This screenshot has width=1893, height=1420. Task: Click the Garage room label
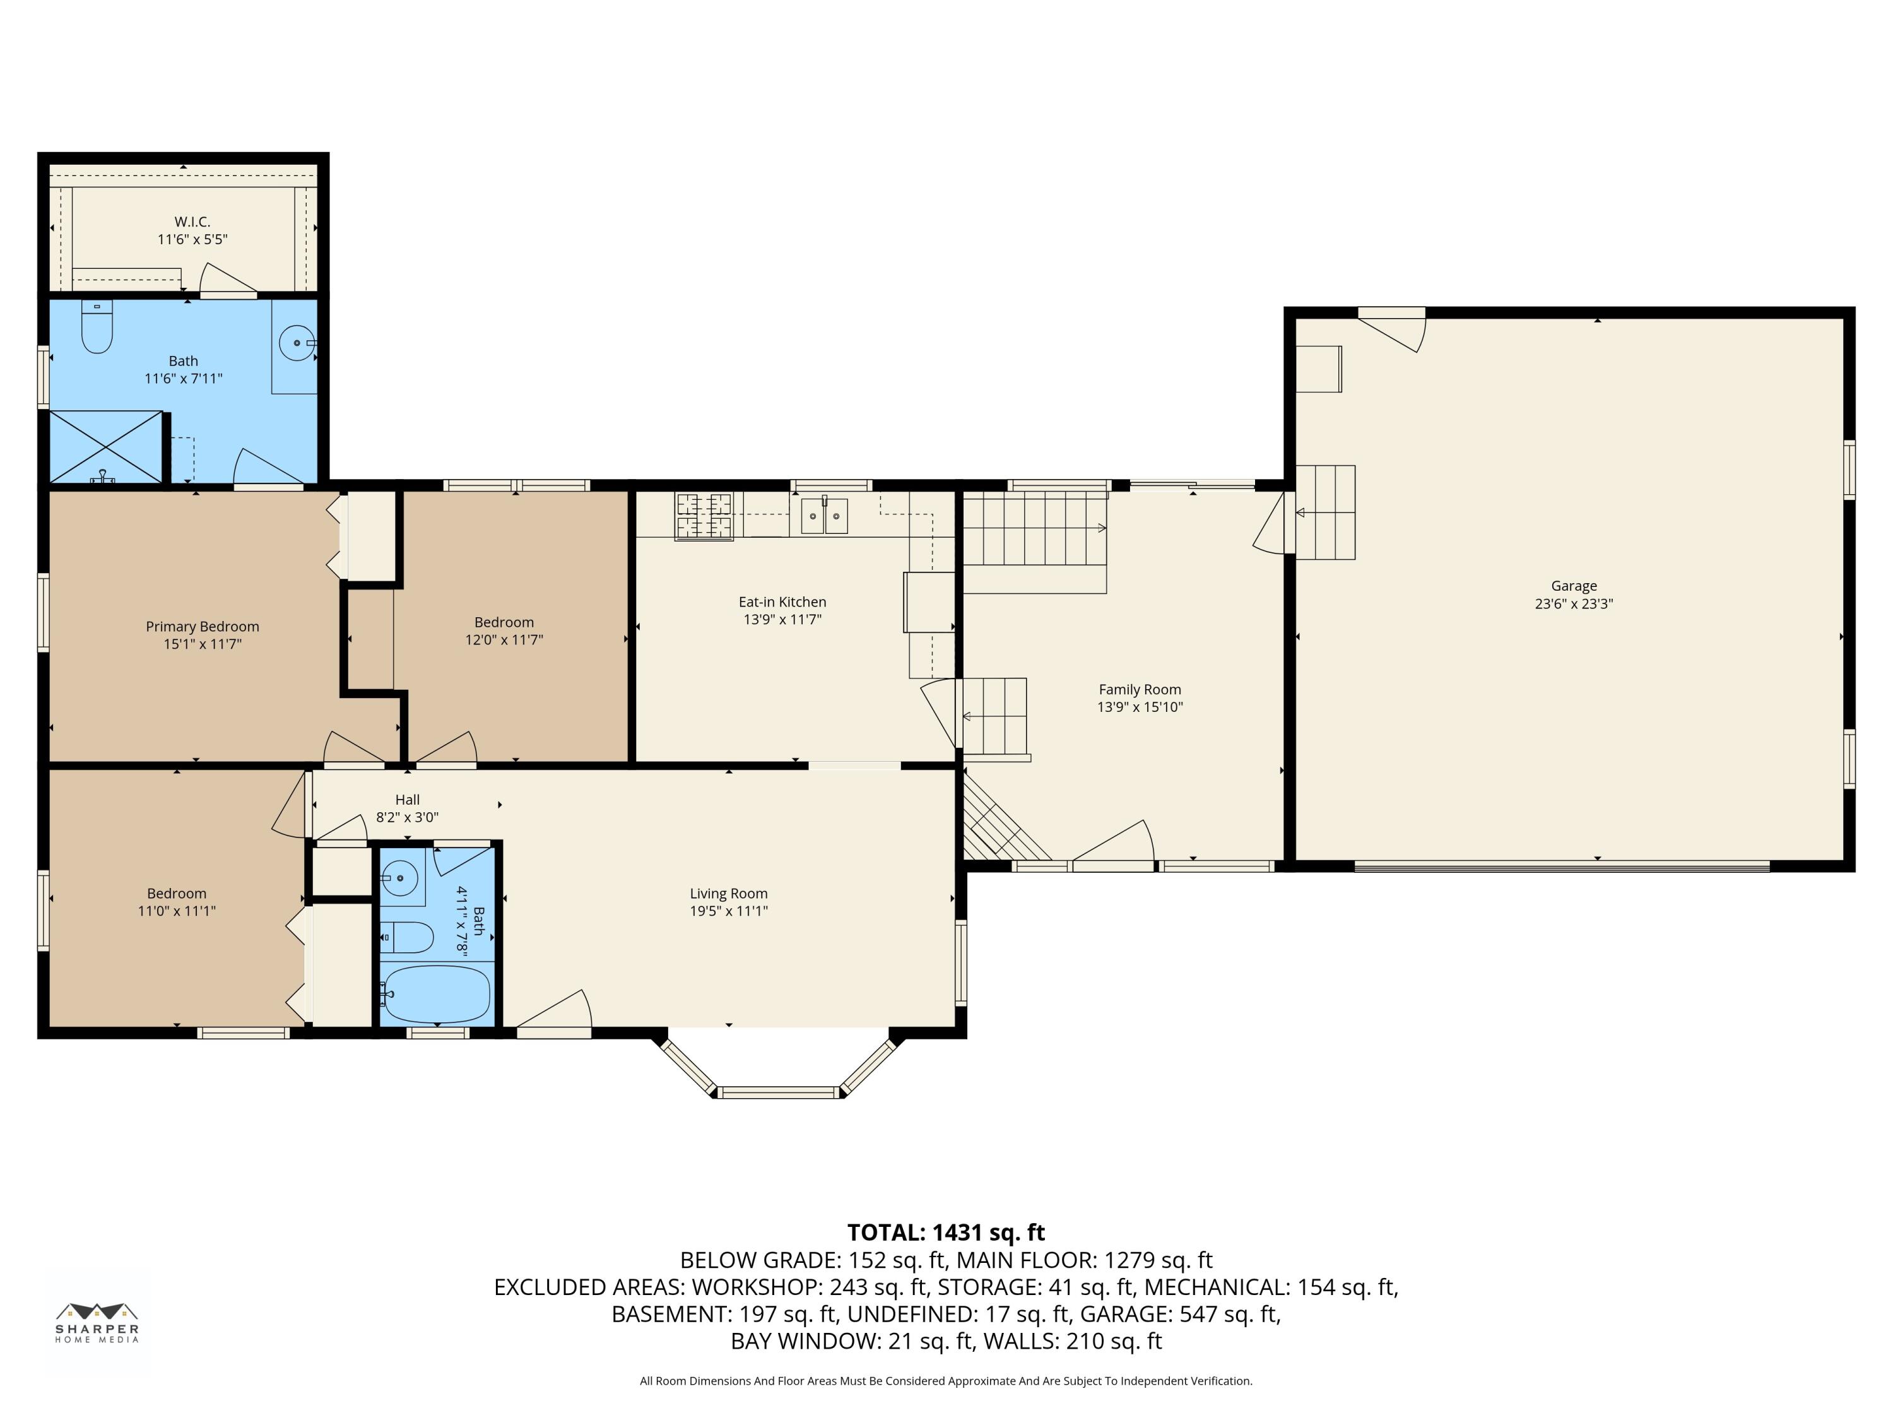[1574, 586]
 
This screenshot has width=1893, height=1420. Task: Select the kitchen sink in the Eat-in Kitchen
[824, 516]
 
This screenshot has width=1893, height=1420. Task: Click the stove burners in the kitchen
[704, 516]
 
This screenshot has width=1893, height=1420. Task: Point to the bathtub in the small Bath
[435, 994]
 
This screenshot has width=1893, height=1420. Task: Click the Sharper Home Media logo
[97, 1322]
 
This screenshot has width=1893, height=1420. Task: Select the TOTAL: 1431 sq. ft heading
[946, 1233]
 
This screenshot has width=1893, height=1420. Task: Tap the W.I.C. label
[192, 222]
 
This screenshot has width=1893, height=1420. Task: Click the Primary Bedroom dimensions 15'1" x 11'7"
[203, 644]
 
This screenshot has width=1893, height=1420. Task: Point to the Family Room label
[1140, 690]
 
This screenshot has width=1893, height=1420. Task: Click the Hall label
[408, 800]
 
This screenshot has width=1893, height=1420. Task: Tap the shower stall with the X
[105, 447]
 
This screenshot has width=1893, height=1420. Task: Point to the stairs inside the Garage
[1326, 512]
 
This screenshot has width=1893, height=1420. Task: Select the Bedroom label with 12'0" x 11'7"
[504, 622]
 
